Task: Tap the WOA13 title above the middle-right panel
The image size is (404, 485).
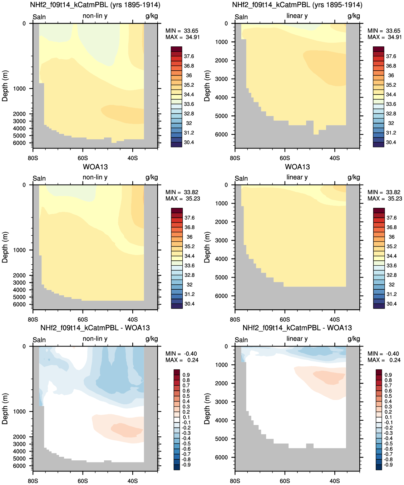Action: pyautogui.click(x=297, y=167)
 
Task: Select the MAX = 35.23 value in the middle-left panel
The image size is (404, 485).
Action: pyautogui.click(x=183, y=199)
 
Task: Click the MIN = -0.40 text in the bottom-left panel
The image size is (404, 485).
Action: pyautogui.click(x=181, y=354)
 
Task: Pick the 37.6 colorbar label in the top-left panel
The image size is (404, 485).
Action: pyautogui.click(x=189, y=56)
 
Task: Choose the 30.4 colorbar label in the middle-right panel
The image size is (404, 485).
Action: pyautogui.click(x=391, y=304)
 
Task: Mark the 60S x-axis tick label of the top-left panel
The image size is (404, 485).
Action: pyautogui.click(x=83, y=158)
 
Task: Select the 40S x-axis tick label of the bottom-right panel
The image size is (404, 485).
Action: pyautogui.click(x=335, y=481)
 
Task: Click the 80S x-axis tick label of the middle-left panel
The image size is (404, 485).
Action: pyautogui.click(x=33, y=320)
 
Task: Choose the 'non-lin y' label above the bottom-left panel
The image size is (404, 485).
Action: pyautogui.click(x=95, y=339)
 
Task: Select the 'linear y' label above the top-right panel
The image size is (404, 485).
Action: pyautogui.click(x=297, y=16)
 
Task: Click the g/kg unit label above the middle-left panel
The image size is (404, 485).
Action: pyautogui.click(x=152, y=177)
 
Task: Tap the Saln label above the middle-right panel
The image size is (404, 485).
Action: pyautogui.click(x=241, y=178)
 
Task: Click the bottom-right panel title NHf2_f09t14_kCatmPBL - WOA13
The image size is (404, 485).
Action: pyautogui.click(x=297, y=328)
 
